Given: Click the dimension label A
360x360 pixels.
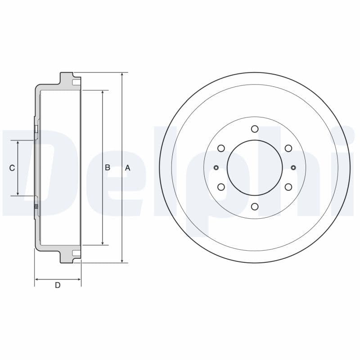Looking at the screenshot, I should (x=127, y=168).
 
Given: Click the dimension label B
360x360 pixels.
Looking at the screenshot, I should (x=108, y=167).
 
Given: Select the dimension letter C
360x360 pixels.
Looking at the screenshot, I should (x=12, y=168).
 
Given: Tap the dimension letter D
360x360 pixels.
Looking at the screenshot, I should (x=58, y=285).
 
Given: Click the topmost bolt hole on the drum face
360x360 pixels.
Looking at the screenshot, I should (x=255, y=129).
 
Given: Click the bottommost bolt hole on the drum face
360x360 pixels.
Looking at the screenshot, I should (x=255, y=207).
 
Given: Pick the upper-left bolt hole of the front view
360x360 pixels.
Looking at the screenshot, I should (x=221, y=148).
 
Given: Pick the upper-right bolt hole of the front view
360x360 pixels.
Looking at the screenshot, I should (x=288, y=148).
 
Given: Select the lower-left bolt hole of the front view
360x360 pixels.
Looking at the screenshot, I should (x=221, y=187).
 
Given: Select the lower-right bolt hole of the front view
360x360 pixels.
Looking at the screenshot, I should (x=288, y=187).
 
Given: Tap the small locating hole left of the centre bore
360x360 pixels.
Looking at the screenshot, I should (x=216, y=168).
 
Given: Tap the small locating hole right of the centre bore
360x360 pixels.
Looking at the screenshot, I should (x=293, y=168).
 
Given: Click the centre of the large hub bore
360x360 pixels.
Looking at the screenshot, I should (x=255, y=168).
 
